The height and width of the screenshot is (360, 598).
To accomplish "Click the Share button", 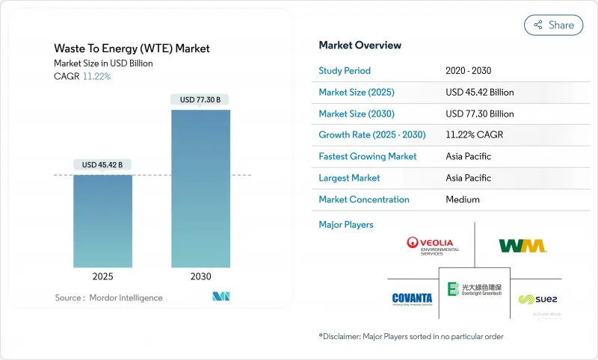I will coord(553,25).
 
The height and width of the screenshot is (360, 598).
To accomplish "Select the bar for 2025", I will coord(102,221).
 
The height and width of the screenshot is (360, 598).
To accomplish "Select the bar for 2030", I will coord(200,189).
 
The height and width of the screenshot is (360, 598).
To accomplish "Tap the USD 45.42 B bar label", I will coord(102,164).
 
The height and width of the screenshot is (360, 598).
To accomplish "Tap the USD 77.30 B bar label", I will coord(200,99).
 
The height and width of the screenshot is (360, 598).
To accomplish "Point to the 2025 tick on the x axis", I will coord(102,276).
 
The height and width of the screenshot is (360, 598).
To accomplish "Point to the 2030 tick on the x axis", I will coord(200,276).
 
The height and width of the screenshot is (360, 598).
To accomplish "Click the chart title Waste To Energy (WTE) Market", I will coord(132,49).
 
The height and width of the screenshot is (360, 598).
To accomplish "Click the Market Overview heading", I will coord(360,45).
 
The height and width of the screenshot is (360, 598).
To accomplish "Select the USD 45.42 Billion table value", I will coord(479,93).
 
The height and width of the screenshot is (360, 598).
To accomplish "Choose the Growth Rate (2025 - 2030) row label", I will coord(372,135).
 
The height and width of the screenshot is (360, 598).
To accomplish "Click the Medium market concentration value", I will coord(462,199).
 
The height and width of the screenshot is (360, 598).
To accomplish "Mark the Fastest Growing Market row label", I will coord(367,157).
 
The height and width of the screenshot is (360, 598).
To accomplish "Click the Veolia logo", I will coord(433,245).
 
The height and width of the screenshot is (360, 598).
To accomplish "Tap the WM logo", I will coord(523,245).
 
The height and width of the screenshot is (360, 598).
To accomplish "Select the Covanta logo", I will coord(412,299).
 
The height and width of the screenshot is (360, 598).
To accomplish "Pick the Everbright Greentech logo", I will coord(474,289).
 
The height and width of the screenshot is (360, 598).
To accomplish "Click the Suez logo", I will coord(537,299).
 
